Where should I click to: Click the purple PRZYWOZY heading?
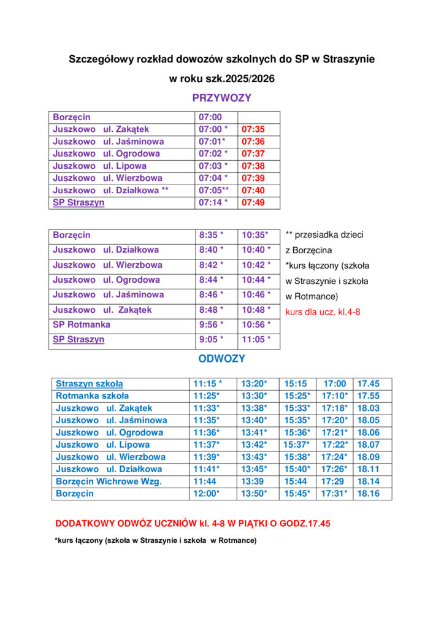[x=221, y=98]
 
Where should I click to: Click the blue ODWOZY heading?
[x=221, y=359]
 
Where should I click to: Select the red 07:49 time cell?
[x=253, y=203]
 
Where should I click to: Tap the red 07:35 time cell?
[x=253, y=129]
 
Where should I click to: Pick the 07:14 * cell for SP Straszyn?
[x=213, y=203]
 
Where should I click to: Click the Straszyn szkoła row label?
[x=89, y=384]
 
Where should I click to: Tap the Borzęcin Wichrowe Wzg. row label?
[x=109, y=481]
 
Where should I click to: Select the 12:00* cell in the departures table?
[x=207, y=494]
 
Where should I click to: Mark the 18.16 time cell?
[x=369, y=494]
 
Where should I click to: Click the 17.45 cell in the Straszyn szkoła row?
[x=369, y=384]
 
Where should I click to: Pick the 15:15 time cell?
[x=296, y=384]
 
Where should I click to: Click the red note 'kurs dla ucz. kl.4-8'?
[x=323, y=312]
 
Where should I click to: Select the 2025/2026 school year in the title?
[x=250, y=79]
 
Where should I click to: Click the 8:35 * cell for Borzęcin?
[x=211, y=235]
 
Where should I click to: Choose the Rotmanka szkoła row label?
[x=92, y=396]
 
